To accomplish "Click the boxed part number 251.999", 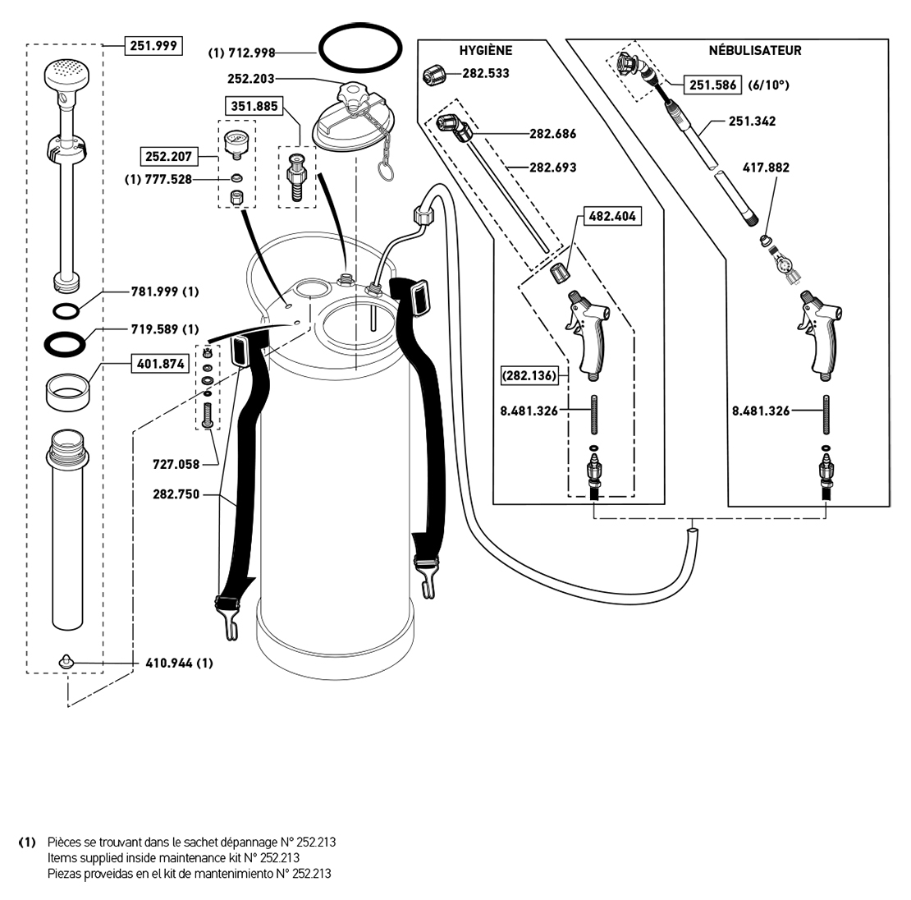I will pos(153,45).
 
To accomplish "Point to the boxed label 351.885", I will pos(255,105).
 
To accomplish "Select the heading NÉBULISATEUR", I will pos(755,51).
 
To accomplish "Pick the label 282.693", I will pos(552,168).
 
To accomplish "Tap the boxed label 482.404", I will pos(612,218).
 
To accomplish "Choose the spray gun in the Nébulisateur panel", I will pos(821,337).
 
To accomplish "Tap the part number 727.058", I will pos(176,464).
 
